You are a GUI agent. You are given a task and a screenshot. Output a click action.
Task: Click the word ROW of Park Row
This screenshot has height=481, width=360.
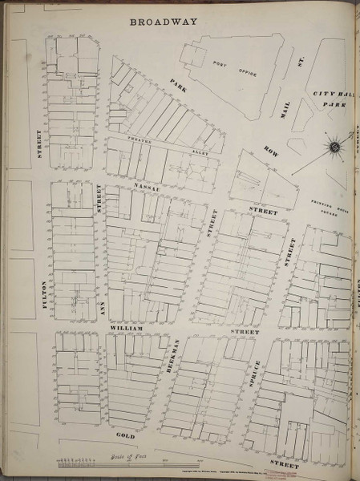pyautogui.click(x=269, y=152)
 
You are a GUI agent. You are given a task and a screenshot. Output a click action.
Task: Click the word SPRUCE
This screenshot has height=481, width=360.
pyautogui.click(x=257, y=361)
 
